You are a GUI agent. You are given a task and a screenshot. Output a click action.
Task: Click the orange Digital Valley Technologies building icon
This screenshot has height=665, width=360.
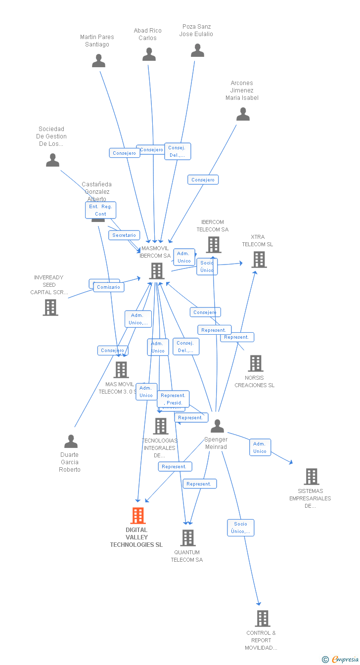(x=138, y=516)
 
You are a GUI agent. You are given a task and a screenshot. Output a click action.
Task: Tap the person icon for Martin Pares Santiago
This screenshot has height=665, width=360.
(x=99, y=61)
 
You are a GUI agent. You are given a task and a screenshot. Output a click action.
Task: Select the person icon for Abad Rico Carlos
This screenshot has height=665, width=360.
(x=149, y=54)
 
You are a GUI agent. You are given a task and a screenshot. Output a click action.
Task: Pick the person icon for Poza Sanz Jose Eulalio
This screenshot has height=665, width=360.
(x=197, y=50)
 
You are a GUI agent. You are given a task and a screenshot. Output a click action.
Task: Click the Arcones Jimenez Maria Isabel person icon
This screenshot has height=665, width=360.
(x=243, y=114)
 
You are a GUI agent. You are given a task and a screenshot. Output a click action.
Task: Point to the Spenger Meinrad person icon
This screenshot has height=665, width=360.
(x=217, y=426)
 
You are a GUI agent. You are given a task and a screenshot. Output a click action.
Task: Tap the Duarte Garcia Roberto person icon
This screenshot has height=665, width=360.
(x=71, y=442)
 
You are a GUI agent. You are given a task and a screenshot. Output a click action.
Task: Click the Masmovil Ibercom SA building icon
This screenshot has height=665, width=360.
(x=157, y=271)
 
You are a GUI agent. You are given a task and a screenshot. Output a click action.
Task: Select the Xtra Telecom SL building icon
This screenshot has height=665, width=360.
(x=259, y=260)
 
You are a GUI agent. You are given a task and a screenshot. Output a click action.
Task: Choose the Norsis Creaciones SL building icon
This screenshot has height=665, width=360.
(x=255, y=363)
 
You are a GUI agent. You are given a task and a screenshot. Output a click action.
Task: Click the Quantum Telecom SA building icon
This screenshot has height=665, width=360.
(x=187, y=538)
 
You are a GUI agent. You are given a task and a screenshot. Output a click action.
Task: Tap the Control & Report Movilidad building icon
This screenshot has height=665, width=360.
(x=262, y=619)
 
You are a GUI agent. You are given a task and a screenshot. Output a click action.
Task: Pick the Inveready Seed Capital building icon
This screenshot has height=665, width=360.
(x=50, y=308)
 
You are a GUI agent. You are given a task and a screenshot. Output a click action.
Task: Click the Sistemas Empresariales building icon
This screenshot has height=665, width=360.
(x=311, y=477)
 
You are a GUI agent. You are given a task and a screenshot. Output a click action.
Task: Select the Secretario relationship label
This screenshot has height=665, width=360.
(x=124, y=235)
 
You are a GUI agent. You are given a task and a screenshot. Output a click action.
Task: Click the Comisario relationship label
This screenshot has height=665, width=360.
(x=108, y=287)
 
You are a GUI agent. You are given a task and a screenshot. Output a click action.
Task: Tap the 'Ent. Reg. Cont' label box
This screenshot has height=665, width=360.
(x=100, y=210)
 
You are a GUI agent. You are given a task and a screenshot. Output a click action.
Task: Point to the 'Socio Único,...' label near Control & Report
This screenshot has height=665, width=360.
(x=241, y=528)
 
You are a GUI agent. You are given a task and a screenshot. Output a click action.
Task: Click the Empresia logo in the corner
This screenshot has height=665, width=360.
(x=341, y=659)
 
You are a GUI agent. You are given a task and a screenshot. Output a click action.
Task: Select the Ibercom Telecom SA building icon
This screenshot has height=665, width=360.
(x=213, y=245)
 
